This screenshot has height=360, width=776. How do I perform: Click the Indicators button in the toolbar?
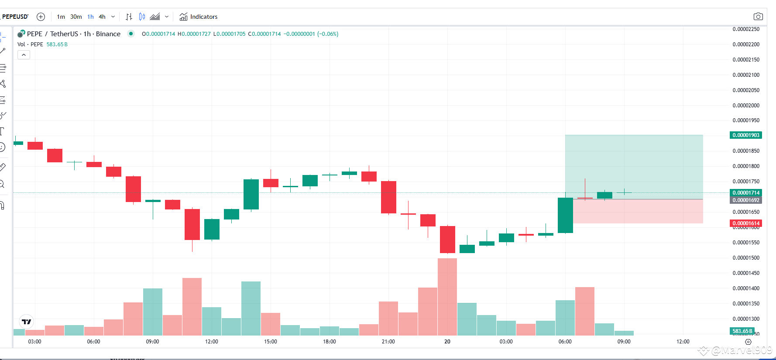[199, 17]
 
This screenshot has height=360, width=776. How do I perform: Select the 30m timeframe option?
[76, 17]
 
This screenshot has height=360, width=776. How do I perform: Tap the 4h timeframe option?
[102, 17]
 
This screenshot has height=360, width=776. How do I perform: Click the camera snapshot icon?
[758, 17]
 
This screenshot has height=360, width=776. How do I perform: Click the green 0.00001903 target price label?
[746, 135]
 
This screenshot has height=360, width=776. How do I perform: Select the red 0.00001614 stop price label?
[746, 223]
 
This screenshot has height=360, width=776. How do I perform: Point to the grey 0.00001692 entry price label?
[746, 200]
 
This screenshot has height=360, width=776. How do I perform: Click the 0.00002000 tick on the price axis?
[746, 105]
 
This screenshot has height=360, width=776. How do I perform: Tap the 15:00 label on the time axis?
[271, 342]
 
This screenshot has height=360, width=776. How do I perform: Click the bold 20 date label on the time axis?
[447, 342]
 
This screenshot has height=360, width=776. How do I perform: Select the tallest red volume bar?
[447, 297]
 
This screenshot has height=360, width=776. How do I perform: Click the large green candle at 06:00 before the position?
[565, 215]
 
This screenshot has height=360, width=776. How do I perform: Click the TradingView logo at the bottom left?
[27, 322]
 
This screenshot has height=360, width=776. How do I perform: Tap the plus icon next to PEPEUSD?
[41, 17]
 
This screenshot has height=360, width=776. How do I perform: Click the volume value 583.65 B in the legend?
[57, 45]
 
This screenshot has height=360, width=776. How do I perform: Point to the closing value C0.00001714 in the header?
[264, 34]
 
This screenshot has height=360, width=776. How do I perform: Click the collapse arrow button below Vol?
[24, 55]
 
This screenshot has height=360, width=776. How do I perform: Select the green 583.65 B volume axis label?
[742, 331]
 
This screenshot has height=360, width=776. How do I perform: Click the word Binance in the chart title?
[108, 34]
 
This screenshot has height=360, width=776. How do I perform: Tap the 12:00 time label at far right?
[683, 342]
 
